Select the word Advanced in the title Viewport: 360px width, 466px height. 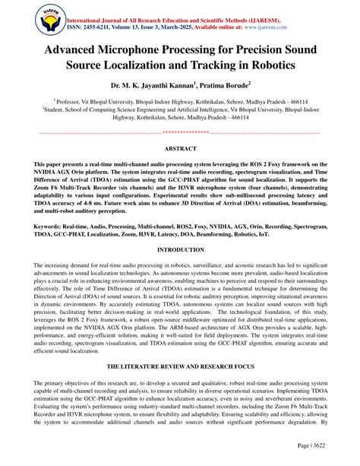72,51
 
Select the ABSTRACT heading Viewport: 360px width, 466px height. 180,150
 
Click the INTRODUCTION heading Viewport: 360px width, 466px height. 180,249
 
